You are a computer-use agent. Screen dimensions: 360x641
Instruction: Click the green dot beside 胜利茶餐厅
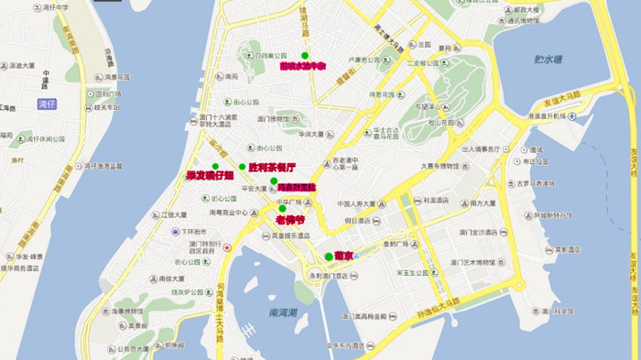[x=243, y=167]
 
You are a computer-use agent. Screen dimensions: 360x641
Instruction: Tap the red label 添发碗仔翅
[x=210, y=175]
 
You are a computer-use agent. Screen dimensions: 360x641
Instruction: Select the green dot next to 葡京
[x=329, y=256]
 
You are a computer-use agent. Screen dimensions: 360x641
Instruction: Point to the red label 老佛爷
[x=288, y=220]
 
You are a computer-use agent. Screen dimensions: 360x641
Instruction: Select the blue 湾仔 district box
[x=47, y=104]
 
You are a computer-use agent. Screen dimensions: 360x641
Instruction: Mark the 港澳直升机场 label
[x=554, y=115]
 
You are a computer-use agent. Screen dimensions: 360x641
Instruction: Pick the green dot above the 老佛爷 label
[x=282, y=209]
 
